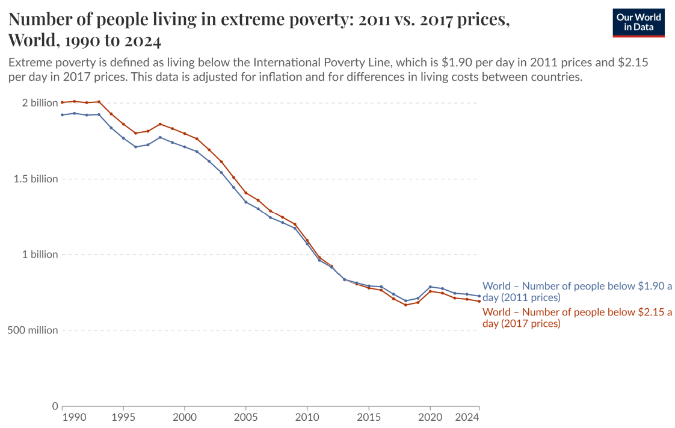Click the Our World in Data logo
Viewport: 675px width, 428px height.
point(638,23)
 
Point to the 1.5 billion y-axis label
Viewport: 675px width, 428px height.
point(35,179)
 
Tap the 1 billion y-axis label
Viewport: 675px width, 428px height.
point(40,254)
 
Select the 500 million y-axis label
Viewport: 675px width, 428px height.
point(33,330)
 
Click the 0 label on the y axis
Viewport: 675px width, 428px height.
point(54,406)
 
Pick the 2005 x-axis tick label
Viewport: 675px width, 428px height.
point(245,417)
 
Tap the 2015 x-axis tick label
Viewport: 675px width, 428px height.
point(368,417)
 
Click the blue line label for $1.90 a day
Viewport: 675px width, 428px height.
point(577,292)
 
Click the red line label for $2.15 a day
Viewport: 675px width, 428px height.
point(577,318)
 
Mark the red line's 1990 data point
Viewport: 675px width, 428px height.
point(62,102)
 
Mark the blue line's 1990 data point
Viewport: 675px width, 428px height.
point(62,115)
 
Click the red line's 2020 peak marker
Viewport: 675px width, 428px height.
point(430,291)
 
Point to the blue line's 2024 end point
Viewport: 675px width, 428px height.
point(479,296)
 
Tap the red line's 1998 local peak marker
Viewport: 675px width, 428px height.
point(160,124)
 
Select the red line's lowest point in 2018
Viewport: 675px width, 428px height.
point(405,305)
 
